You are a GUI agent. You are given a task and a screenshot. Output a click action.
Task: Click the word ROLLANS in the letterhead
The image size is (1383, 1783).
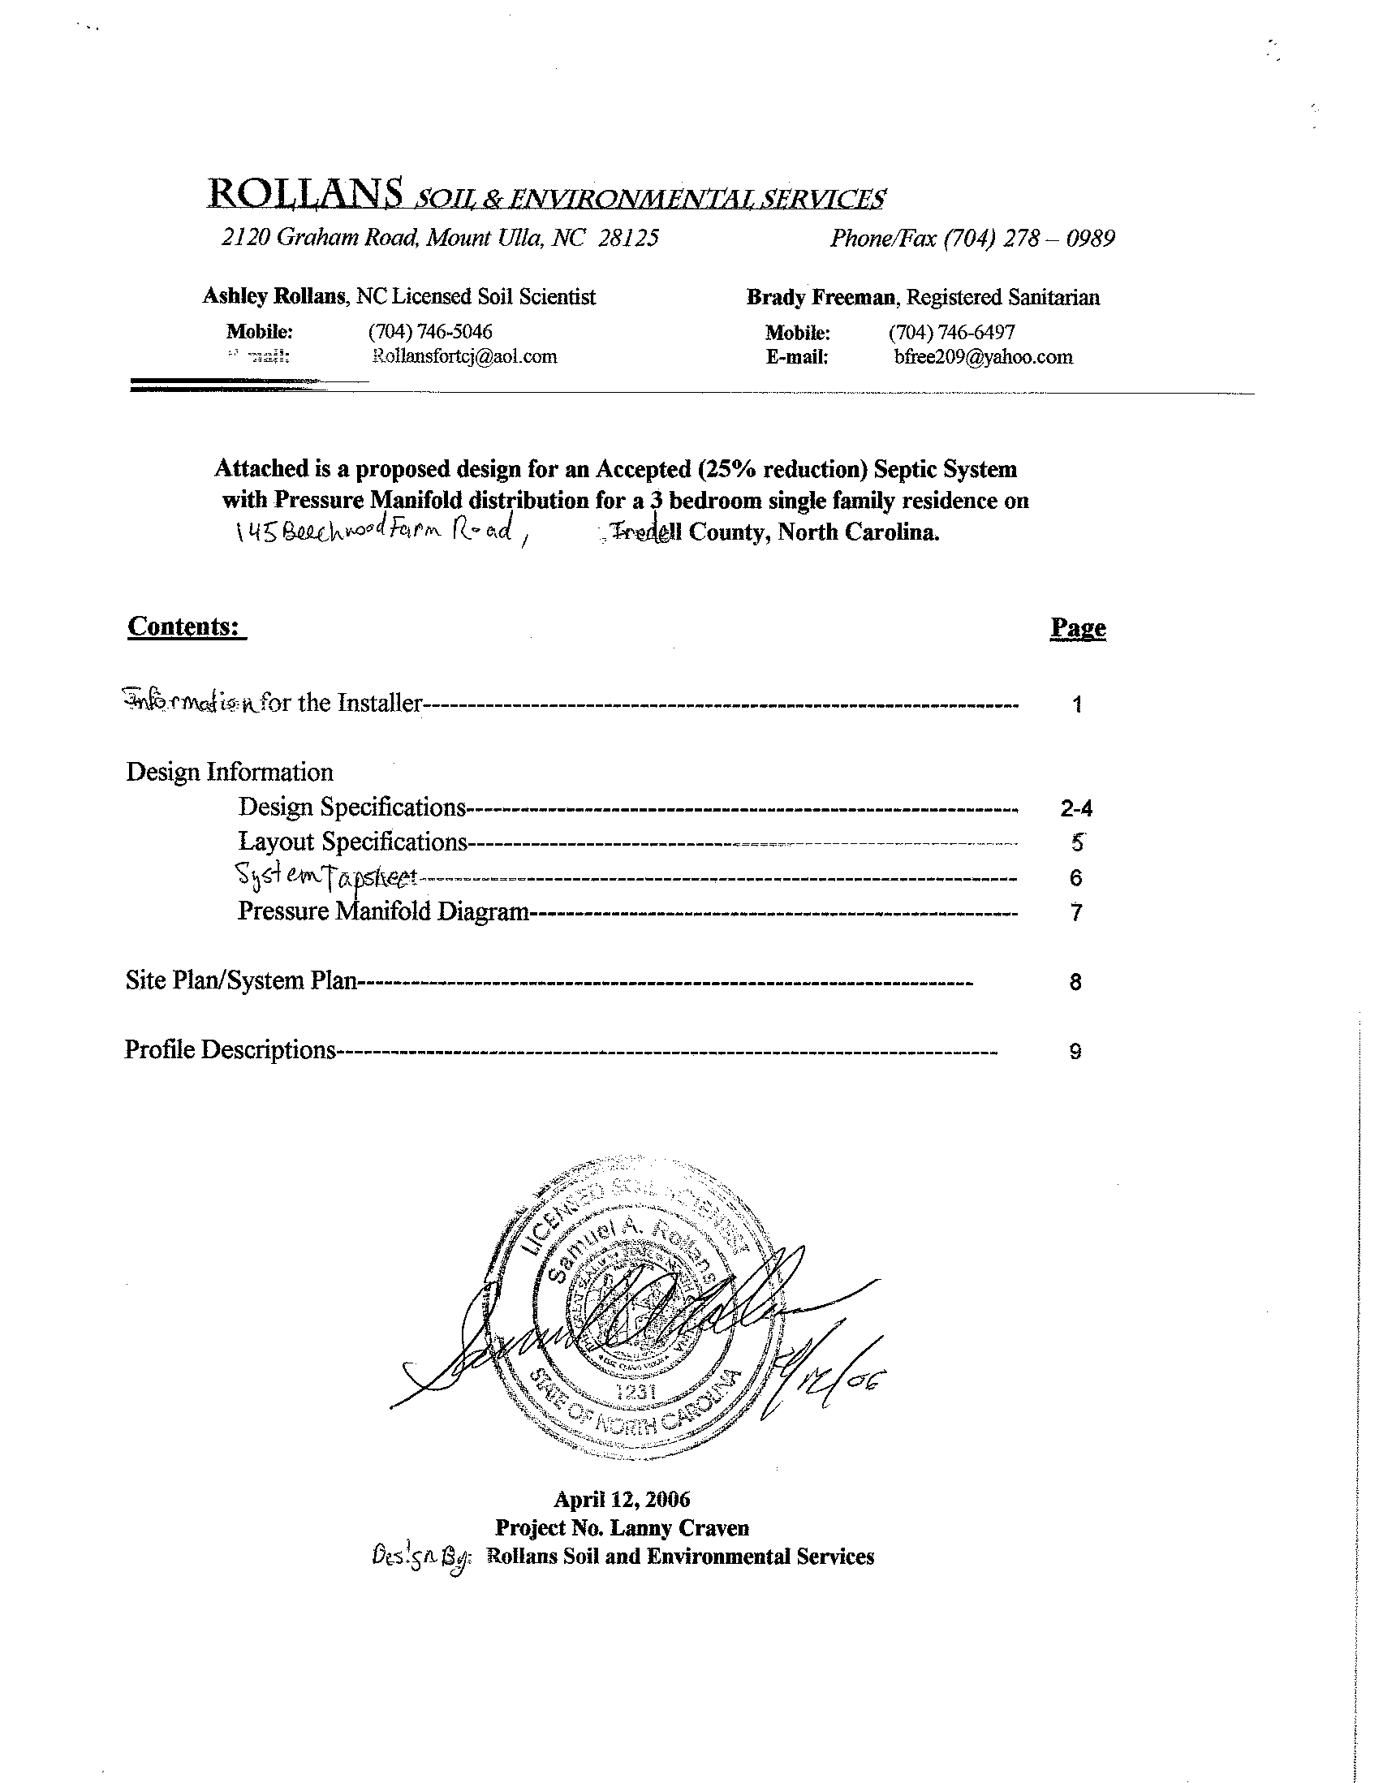coord(305,193)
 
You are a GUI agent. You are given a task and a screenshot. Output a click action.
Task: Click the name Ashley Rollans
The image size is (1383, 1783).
coord(274,296)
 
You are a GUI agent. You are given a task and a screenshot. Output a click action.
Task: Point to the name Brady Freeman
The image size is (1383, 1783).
coord(821,298)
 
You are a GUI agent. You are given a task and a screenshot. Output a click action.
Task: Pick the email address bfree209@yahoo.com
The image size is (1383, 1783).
coord(983,357)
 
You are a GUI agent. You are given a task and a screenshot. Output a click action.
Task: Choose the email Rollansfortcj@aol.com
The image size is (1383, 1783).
coord(463,356)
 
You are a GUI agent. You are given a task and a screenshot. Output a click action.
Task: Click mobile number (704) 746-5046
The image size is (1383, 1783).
coord(430,331)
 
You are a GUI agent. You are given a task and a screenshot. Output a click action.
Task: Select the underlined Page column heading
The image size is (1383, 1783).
coord(1078,628)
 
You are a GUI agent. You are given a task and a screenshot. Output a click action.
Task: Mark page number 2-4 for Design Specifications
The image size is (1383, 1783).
coord(1076,808)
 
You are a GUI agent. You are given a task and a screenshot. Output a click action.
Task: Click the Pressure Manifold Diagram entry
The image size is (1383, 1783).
coord(383,911)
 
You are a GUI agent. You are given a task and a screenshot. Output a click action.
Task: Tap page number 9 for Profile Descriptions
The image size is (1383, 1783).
coord(1075,1052)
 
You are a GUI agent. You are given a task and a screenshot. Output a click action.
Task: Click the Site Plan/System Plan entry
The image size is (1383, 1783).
coord(241,980)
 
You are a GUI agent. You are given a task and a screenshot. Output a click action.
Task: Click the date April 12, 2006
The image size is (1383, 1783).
coord(621,1499)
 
